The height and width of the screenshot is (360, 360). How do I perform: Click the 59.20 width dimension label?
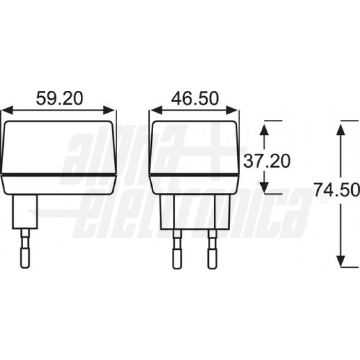tap(59, 98)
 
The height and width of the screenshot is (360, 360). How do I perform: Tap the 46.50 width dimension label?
tap(195, 98)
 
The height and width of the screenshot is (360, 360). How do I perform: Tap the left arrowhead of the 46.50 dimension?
tap(155, 110)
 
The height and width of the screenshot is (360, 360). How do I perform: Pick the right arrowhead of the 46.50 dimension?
tap(233, 110)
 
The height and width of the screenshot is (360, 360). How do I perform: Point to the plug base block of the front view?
tap(194, 212)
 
